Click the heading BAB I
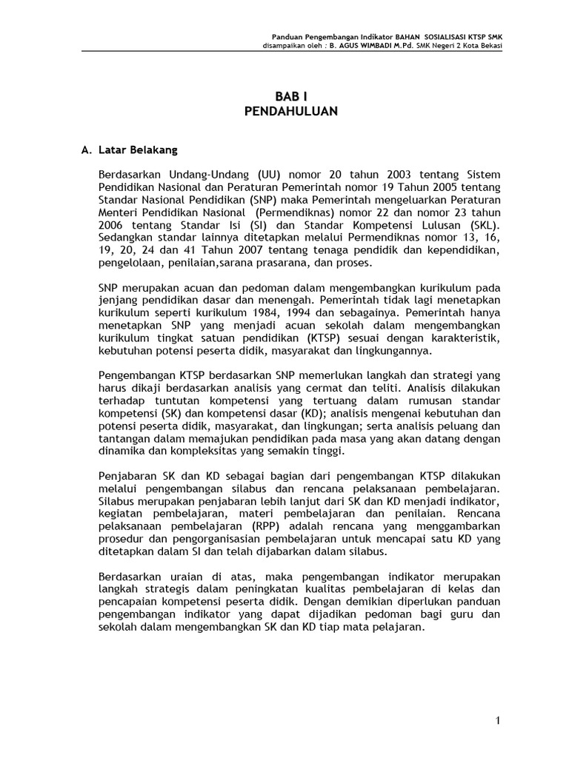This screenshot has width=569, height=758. (x=290, y=97)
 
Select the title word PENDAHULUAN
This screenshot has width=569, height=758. (x=290, y=111)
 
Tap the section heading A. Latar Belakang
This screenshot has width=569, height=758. (x=130, y=150)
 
